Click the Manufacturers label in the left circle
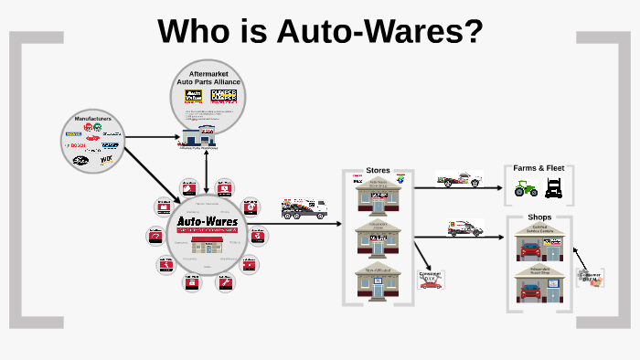(x=92, y=118)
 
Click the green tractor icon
(x=525, y=189)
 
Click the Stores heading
(x=378, y=170)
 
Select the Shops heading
(x=539, y=217)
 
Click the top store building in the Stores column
(x=378, y=196)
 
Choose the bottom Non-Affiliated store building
(x=378, y=280)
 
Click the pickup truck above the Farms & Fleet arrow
(x=459, y=179)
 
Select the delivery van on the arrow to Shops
(x=464, y=228)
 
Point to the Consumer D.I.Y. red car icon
(x=430, y=284)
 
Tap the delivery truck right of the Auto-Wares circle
(x=304, y=208)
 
